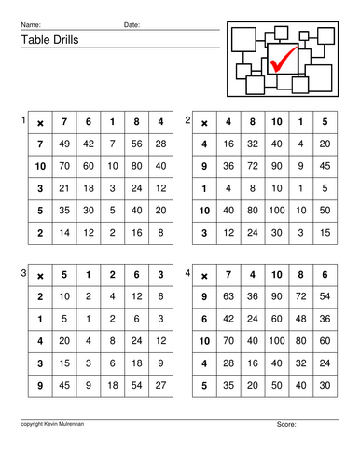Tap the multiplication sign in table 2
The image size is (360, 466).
(204, 122)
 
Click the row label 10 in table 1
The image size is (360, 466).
(39, 165)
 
